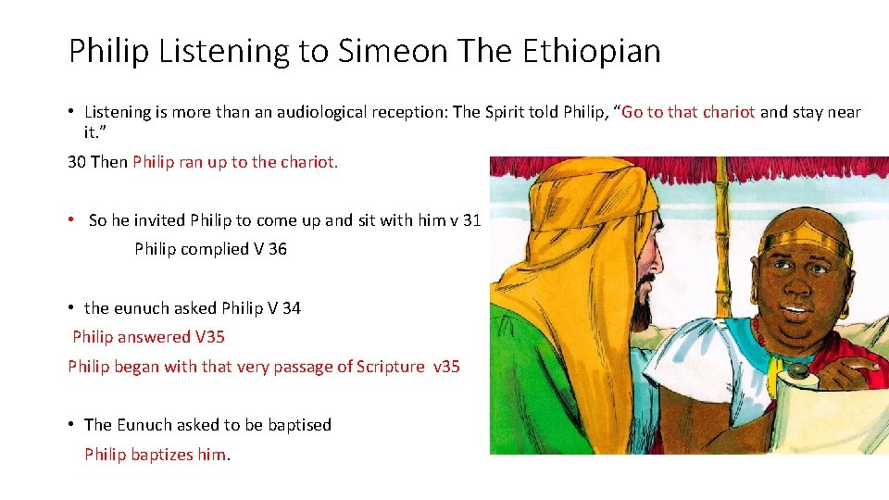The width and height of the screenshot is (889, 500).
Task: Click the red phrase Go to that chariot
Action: (690, 112)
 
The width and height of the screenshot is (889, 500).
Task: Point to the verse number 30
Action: (77, 162)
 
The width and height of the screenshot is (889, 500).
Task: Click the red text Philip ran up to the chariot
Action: (235, 162)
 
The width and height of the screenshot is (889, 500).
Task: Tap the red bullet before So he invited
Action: (71, 219)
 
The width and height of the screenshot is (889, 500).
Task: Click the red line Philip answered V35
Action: (148, 337)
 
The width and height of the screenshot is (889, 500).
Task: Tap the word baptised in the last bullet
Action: (299, 425)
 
